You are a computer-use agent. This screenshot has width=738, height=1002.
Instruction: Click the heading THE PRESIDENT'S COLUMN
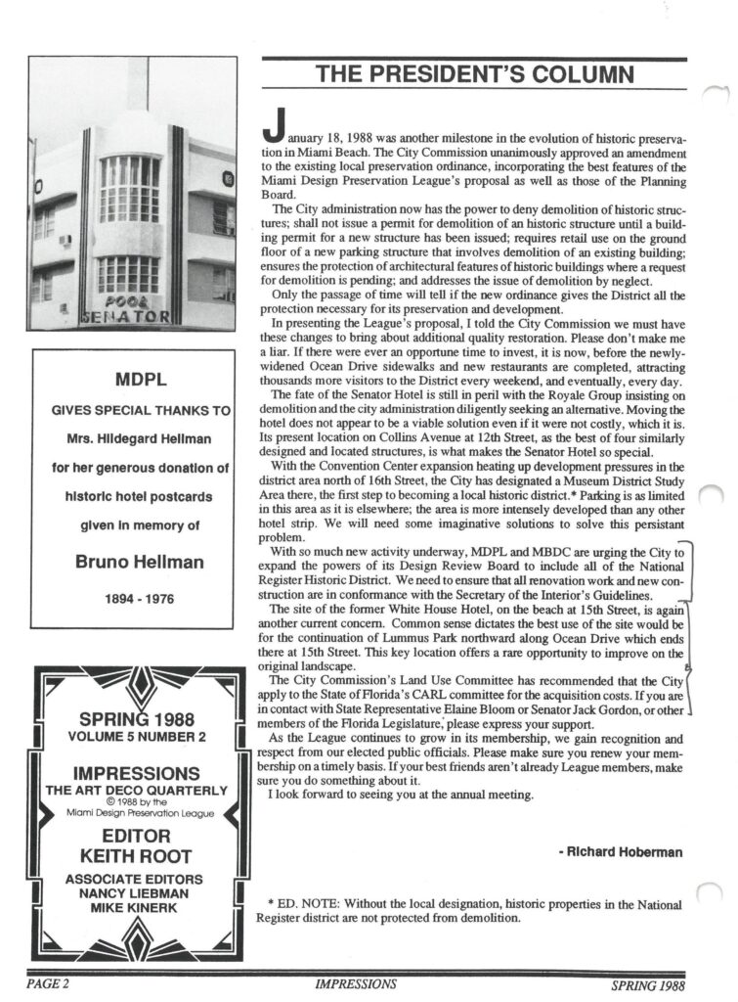pos(472,75)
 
